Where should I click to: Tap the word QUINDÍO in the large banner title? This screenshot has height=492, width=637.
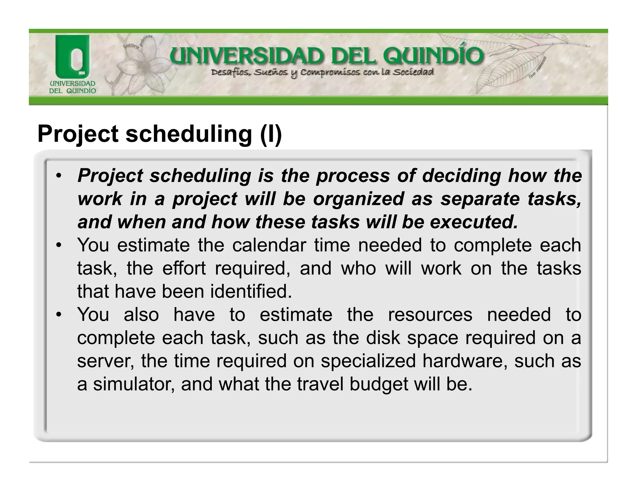pos(433,57)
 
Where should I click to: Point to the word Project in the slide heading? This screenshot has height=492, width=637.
pos(78,134)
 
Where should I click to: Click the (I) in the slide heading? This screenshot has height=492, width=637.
pos(271,134)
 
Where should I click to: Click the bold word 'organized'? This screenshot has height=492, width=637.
pos(358,199)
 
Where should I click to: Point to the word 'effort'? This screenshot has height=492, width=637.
pos(184,268)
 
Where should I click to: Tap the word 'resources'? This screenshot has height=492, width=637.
pos(430,315)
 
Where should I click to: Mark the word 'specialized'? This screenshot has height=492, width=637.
pos(368,361)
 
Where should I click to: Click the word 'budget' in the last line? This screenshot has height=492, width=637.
pos(379,384)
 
